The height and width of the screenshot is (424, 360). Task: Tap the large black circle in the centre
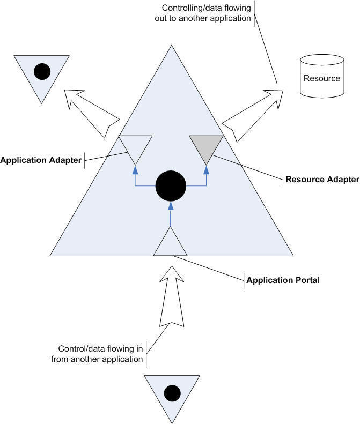pos(171,187)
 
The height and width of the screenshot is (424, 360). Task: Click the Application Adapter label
pos(41,160)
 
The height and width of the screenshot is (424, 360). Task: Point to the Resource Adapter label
pos(322,179)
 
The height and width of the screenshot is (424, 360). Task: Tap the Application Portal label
pos(283,279)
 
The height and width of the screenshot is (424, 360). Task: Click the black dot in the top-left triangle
pos(42,70)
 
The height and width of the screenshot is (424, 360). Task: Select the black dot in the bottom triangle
pos(172,393)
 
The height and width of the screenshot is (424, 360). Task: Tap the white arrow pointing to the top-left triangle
pos(91,113)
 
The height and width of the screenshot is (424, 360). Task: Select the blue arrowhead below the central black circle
pos(171,206)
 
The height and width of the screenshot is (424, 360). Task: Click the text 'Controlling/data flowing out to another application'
pos(207,13)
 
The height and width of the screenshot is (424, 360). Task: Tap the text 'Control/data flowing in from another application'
pos(97,354)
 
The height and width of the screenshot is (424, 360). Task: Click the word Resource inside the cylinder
pos(322,78)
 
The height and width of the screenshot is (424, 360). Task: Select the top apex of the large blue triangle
pos(171,47)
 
